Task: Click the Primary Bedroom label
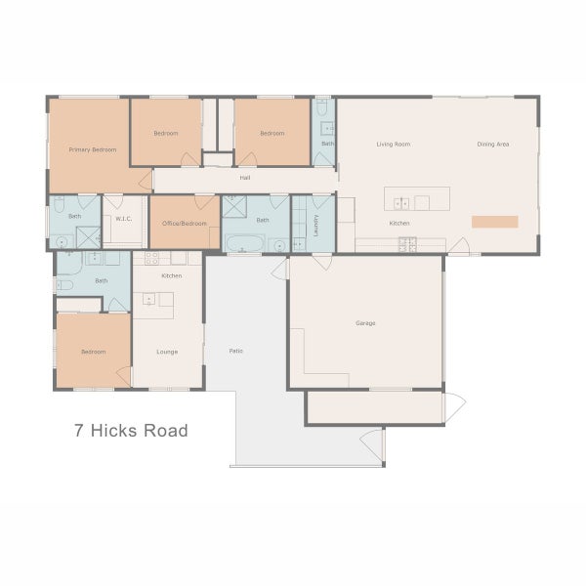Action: click(93, 149)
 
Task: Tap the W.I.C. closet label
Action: click(123, 219)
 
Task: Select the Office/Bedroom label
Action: click(184, 224)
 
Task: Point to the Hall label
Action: click(245, 179)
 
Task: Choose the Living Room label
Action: click(393, 145)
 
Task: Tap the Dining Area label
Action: click(493, 145)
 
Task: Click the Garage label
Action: click(365, 323)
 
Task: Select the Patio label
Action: click(235, 350)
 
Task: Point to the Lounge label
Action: click(167, 351)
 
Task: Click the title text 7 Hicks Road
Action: click(131, 430)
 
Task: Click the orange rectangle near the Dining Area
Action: click(495, 222)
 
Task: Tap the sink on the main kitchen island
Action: click(401, 203)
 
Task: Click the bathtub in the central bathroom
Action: click(240, 244)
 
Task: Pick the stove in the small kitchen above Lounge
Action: click(152, 259)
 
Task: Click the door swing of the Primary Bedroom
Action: click(145, 180)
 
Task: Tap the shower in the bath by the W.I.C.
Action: click(88, 237)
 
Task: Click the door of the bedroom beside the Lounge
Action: click(122, 373)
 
